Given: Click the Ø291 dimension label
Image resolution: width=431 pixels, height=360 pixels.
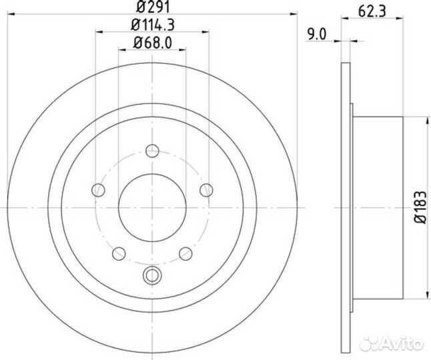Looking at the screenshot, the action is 153,7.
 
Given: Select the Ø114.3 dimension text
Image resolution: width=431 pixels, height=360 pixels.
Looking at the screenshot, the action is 153,25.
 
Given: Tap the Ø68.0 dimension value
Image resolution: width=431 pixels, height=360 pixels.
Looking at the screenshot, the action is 153,43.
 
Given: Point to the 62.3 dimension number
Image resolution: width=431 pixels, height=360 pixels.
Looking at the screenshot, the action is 372,11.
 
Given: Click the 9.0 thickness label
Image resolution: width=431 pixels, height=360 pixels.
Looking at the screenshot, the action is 316,35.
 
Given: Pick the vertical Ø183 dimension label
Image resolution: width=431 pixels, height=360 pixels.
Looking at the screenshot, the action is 421,207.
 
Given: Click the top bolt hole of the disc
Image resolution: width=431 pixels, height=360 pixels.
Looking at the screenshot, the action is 152,151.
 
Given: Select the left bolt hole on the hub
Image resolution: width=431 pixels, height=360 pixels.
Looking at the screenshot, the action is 98,190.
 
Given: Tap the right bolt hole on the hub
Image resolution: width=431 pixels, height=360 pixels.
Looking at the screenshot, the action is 206,190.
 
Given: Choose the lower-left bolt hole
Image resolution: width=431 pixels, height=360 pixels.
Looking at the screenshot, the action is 119,253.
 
